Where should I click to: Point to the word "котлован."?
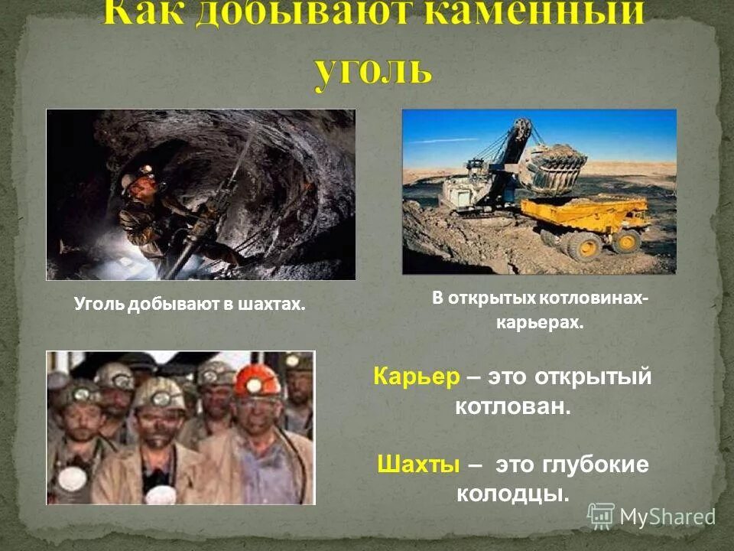click(x=513, y=406)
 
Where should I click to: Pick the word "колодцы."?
click(x=513, y=494)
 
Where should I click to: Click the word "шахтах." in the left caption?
click(x=273, y=305)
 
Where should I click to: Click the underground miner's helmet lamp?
click(x=148, y=175)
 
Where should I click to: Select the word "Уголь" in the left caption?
click(x=99, y=305)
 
